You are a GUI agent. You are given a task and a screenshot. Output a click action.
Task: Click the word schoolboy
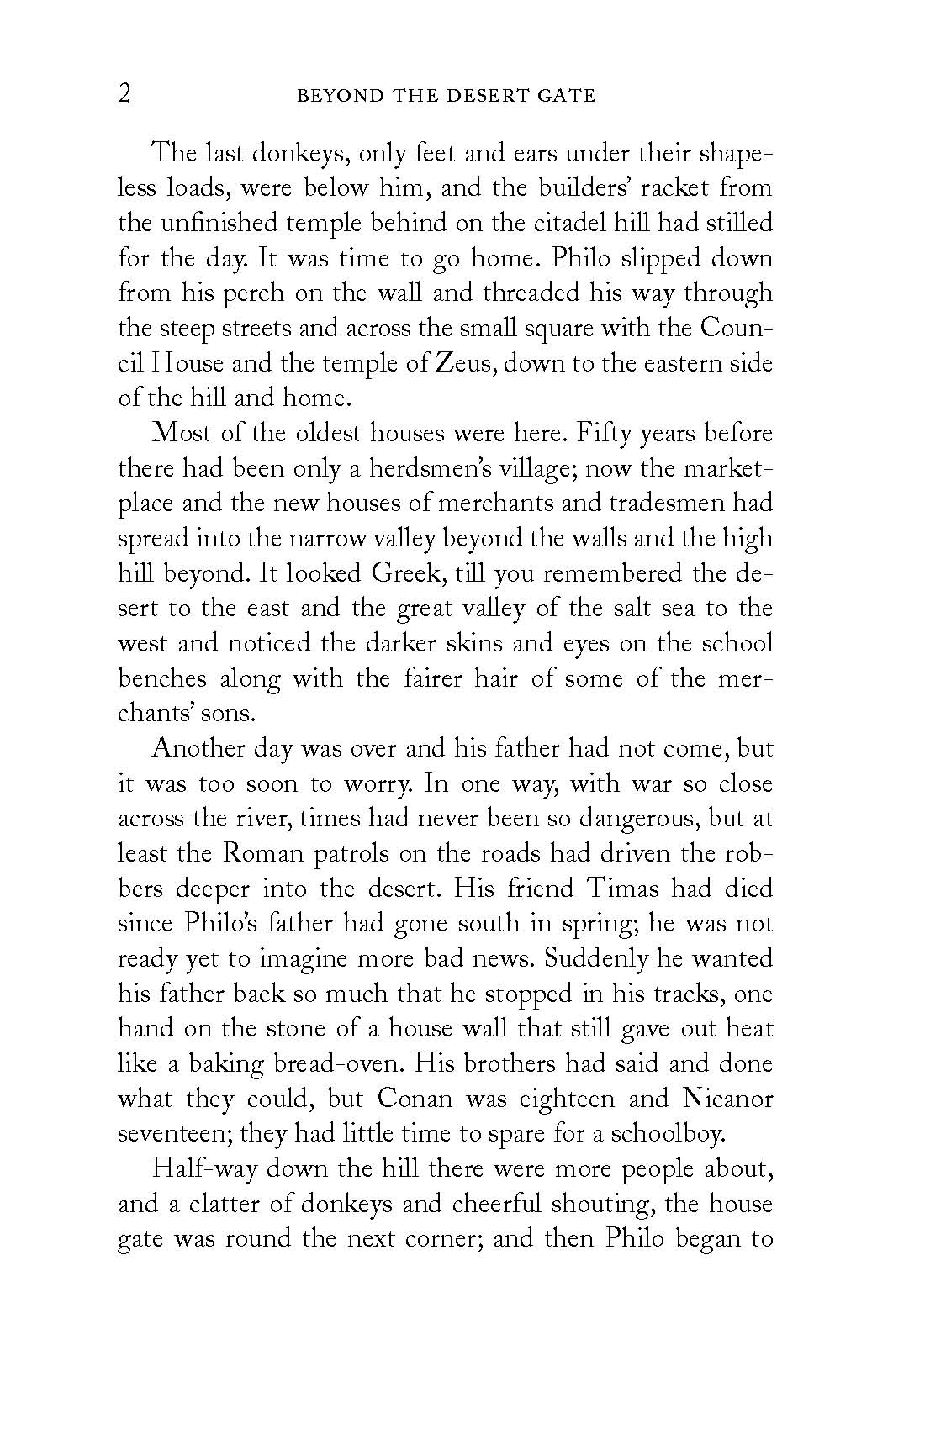pos(668,1134)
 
